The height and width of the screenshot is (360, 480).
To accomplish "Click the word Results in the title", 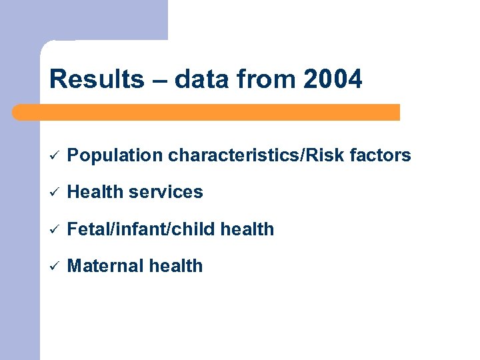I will [x=96, y=79].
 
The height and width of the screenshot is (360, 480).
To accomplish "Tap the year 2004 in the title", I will [x=333, y=79].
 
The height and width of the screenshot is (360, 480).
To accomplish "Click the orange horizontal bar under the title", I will [x=207, y=112].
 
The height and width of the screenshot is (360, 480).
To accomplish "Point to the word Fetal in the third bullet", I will [x=87, y=229].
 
